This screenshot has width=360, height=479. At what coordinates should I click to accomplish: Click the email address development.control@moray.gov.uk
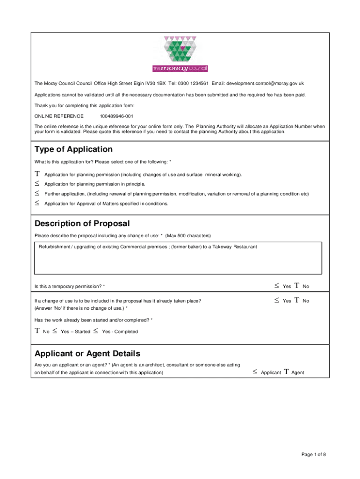[265, 84]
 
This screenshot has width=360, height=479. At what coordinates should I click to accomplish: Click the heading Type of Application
[73, 150]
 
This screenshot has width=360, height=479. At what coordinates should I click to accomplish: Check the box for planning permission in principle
[37, 184]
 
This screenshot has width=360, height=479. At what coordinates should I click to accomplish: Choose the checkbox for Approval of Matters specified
[37, 203]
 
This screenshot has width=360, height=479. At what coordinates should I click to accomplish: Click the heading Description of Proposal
[82, 224]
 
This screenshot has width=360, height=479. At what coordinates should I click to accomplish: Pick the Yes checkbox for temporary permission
[277, 286]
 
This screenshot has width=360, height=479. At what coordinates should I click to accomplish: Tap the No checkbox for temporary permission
[296, 286]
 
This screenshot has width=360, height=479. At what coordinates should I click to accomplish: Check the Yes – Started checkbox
[55, 331]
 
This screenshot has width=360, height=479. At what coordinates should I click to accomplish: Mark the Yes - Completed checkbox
[95, 331]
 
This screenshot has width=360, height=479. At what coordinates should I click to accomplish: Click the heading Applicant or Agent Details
[87, 354]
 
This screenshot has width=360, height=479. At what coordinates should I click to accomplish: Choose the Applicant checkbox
[255, 372]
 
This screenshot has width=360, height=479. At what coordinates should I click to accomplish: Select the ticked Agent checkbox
[286, 372]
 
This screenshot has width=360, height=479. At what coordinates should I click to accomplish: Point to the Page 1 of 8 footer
[313, 454]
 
